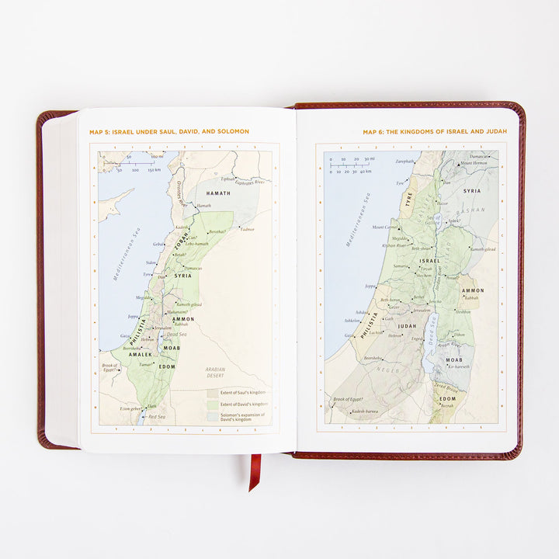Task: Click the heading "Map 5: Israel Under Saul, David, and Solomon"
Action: pyautogui.click(x=169, y=132)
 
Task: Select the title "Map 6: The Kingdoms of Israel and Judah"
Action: pyautogui.click(x=434, y=132)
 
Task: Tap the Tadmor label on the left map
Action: pyautogui.click(x=246, y=230)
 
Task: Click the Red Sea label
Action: pyautogui.click(x=157, y=417)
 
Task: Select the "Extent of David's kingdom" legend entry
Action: pyautogui.click(x=243, y=404)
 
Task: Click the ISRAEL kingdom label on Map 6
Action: pyautogui.click(x=429, y=261)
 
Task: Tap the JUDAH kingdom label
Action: pyautogui.click(x=408, y=326)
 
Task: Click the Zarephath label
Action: pyautogui.click(x=405, y=161)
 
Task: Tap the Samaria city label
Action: pyautogui.click(x=401, y=266)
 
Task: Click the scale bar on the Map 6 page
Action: pyautogui.click(x=349, y=165)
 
